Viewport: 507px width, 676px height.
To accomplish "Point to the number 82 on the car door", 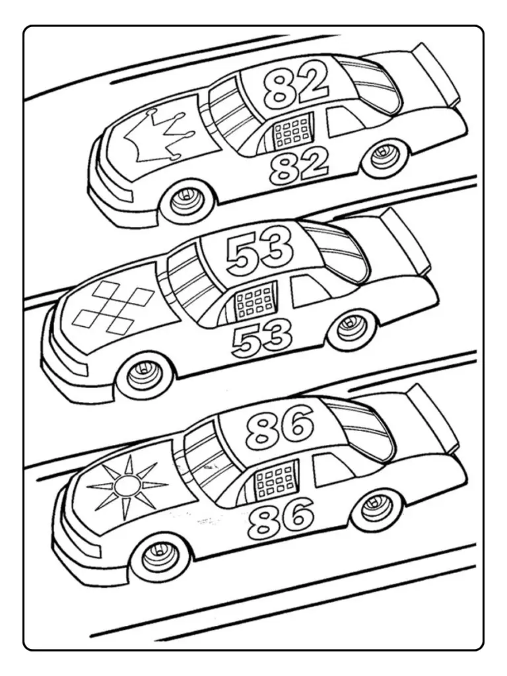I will click(x=299, y=165).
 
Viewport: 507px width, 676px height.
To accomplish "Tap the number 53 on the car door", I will click(x=262, y=337).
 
